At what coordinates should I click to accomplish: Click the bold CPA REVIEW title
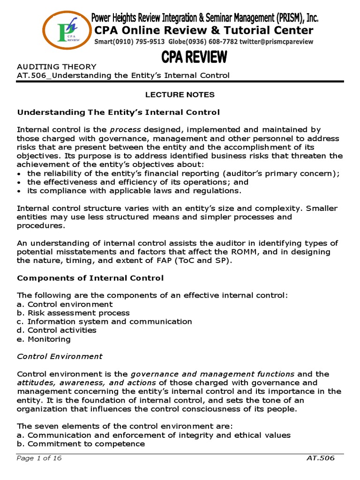(195, 59)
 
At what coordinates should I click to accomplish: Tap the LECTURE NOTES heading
(180, 95)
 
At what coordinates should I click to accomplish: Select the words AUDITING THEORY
(57, 67)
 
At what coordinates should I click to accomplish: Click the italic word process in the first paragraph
(126, 129)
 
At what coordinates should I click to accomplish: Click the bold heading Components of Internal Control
(90, 278)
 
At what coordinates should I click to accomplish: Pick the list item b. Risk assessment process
(73, 313)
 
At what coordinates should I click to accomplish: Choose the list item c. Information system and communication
(105, 322)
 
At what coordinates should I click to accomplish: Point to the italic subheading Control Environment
(60, 356)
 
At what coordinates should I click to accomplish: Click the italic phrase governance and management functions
(212, 374)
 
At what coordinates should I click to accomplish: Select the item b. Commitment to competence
(81, 444)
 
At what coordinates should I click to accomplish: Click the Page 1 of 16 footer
(39, 458)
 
